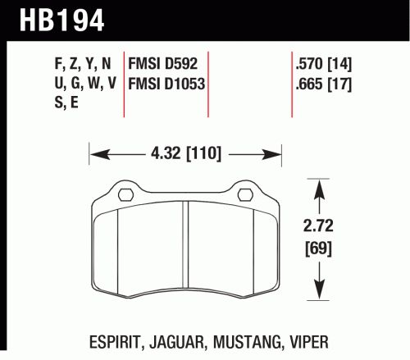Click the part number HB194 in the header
(61, 21)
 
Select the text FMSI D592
(162, 64)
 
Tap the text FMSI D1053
(166, 84)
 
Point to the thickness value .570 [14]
(324, 64)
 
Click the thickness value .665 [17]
(324, 84)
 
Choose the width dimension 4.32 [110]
(186, 153)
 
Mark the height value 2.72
(318, 226)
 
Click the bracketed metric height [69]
(318, 248)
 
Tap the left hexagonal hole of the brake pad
(125, 194)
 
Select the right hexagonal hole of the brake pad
(244, 194)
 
